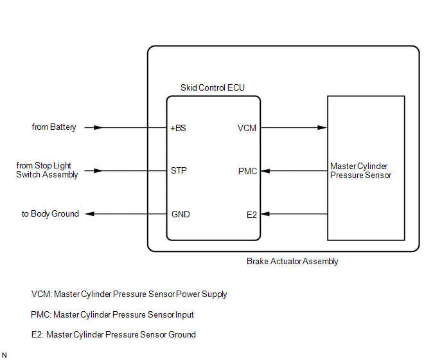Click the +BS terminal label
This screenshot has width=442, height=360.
178,128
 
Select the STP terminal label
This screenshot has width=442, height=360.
179,171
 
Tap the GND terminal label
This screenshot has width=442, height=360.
181,214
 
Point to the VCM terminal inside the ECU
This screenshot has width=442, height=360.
247,128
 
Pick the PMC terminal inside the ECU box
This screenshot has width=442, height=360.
247,171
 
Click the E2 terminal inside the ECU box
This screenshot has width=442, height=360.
252,215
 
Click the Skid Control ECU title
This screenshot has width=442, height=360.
213,87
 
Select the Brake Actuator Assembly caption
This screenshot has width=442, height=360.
292,261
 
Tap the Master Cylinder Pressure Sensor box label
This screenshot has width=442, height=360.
361,171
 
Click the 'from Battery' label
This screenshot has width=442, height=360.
54,127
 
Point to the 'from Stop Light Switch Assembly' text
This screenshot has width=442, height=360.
47,170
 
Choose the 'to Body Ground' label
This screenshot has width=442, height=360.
50,213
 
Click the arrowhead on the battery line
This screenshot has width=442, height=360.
98,127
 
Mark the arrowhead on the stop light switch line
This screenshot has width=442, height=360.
98,171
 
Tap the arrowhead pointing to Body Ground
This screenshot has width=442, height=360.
90,214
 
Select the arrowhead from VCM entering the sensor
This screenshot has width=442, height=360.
323,127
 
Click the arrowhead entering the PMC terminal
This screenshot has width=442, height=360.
265,171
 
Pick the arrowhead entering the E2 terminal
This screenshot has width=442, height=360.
265,214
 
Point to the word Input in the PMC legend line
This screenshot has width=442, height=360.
184,314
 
